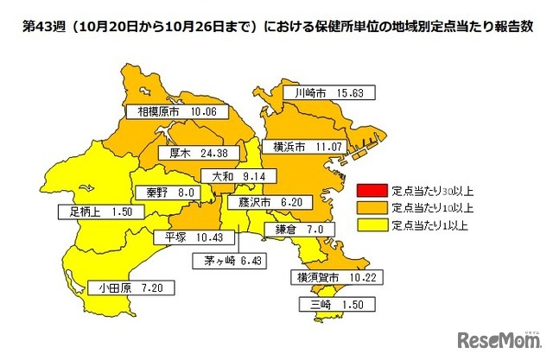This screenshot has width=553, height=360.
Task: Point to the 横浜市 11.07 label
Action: pyautogui.click(x=304, y=148)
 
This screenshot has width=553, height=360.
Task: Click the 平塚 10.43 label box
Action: pyautogui.click(x=186, y=237)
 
